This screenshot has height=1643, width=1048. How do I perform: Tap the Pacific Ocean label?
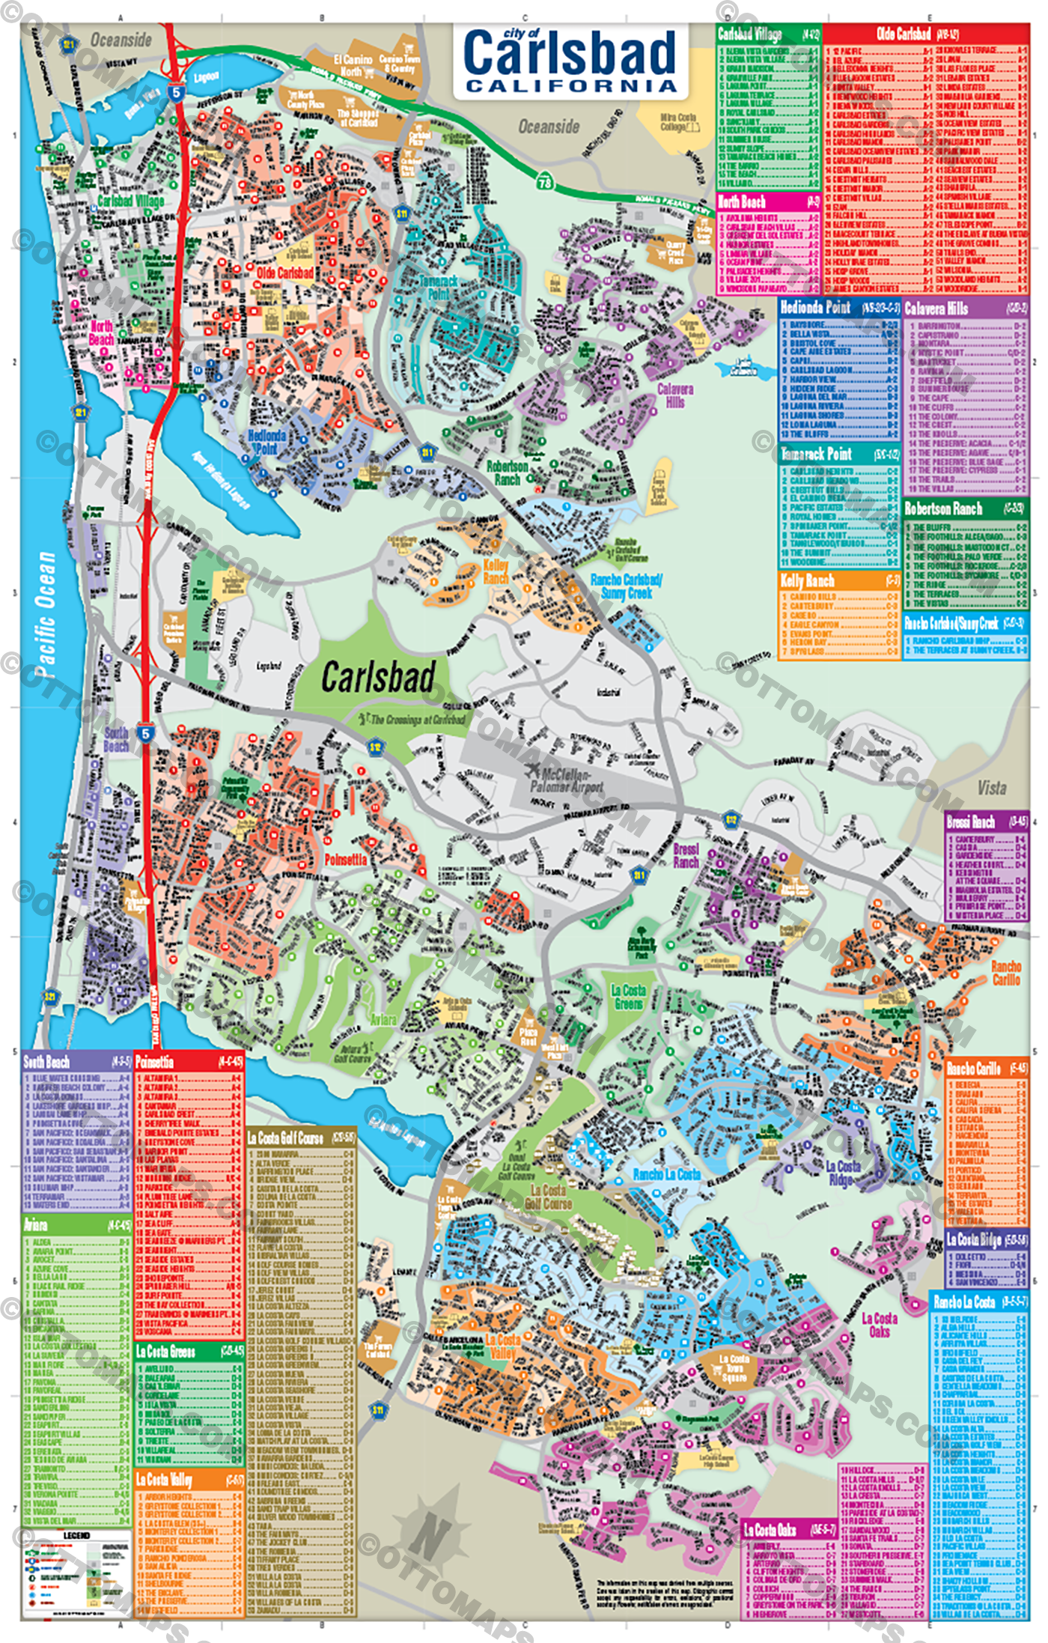tap(46, 614)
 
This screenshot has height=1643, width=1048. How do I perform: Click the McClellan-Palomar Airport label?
tap(567, 780)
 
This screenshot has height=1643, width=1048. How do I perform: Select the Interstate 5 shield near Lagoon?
tap(176, 92)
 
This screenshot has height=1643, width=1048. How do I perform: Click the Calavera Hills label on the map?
tap(675, 395)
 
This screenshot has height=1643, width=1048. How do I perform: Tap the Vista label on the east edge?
tap(991, 788)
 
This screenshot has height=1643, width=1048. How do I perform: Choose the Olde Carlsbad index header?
tap(904, 34)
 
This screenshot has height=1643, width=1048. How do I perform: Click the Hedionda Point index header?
tap(815, 307)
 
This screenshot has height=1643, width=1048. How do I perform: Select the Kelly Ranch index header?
tap(807, 580)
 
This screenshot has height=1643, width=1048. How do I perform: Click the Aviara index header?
tap(36, 1225)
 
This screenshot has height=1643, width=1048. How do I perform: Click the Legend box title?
tap(76, 1534)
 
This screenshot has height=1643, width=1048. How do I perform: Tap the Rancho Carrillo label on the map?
tap(1006, 973)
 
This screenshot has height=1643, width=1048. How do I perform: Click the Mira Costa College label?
tap(678, 122)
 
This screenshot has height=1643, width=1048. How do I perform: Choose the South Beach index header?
tap(46, 1062)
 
